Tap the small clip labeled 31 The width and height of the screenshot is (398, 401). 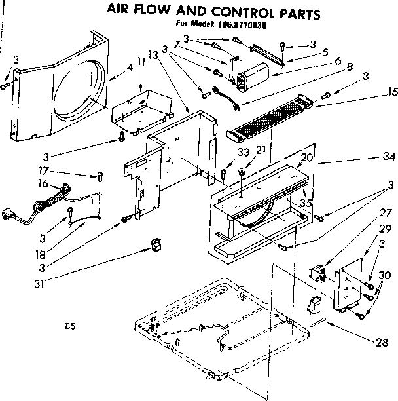(x=156, y=245)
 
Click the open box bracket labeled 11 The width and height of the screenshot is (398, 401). (x=136, y=105)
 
